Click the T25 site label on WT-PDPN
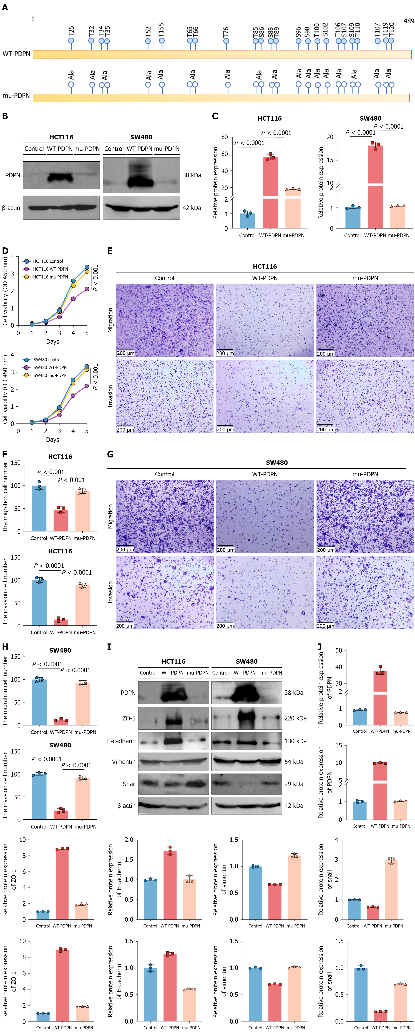(71, 32)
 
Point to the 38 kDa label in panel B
(192, 175)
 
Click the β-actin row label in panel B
(11, 208)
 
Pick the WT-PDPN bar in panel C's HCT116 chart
(270, 192)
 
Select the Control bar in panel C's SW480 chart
(353, 218)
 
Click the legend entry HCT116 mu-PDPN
(50, 277)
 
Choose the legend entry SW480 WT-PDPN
(50, 367)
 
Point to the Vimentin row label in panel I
(124, 762)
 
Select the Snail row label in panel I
(129, 784)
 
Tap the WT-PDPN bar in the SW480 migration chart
(61, 722)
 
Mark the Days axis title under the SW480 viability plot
(52, 439)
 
